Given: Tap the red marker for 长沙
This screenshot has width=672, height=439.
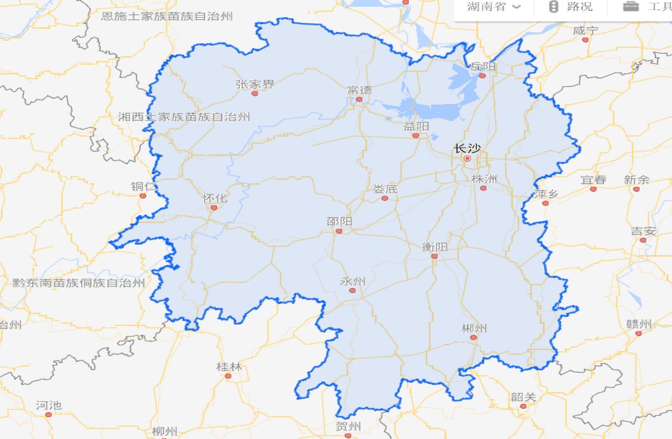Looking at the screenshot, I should pos(467,158).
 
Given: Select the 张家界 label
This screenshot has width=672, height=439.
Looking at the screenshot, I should pos(255,84).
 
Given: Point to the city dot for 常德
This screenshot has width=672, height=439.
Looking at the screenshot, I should pos(360,100).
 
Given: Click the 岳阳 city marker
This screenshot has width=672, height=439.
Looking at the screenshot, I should pos(482,75).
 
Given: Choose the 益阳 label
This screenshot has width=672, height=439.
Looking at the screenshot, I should pos(416,126).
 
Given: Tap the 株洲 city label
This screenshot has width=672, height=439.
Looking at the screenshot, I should pos(484,179).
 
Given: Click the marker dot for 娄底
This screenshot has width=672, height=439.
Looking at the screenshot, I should pos(385,198).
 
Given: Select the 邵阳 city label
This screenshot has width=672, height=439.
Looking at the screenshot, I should pos(339,221).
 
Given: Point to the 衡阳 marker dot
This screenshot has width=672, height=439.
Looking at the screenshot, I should pos(434,256).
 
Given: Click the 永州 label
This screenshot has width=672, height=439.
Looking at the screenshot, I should pos(352,281).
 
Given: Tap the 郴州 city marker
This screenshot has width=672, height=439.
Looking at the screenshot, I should pos(473,337).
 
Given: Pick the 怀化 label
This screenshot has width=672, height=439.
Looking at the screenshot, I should pos(214,199).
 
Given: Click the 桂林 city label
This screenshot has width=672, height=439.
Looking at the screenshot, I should pos(229,367).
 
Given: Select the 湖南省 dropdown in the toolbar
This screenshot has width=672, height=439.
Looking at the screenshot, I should pos(493,7).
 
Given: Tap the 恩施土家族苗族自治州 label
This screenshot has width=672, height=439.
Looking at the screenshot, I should pos(167,16).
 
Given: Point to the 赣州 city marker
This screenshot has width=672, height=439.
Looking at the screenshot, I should pos(638,333).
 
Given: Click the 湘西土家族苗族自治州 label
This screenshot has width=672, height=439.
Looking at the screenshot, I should pos(184,117).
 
